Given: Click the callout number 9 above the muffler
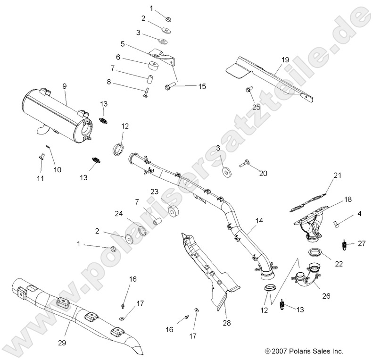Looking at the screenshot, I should [65, 86].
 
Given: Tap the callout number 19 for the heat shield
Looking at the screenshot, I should [285, 60].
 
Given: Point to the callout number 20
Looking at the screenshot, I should [263, 173].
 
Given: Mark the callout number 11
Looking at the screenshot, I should [40, 178].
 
